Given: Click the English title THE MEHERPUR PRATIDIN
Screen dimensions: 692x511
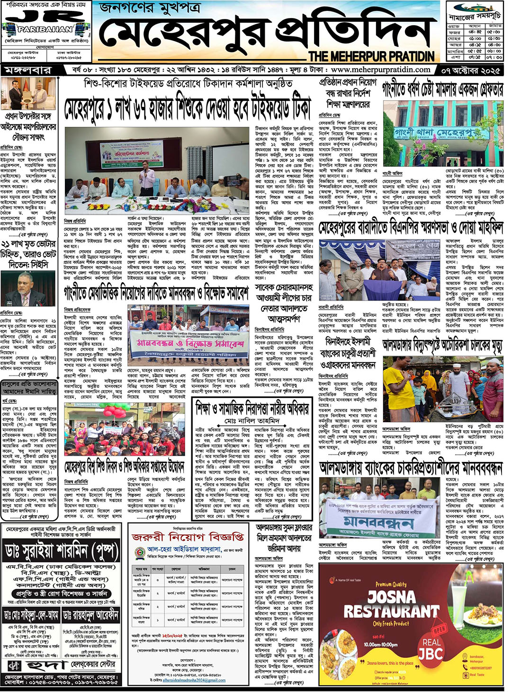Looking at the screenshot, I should click(371, 56).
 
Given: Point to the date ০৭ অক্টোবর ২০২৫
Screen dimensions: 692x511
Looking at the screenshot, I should click(471, 70).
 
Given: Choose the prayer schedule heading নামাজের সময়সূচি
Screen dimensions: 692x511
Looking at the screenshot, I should click(475, 17).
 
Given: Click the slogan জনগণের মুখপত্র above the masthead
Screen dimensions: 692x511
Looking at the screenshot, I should click(149, 9).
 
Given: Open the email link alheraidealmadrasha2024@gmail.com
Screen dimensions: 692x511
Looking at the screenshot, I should click(194, 680).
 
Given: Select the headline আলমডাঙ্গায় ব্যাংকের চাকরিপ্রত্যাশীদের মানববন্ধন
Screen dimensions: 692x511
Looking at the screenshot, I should click(411, 468).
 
